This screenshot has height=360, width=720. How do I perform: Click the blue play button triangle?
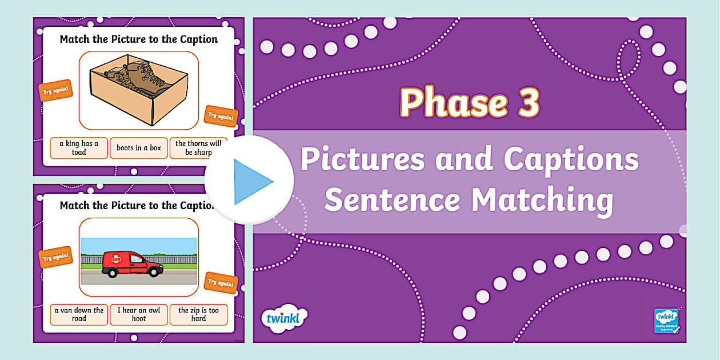252,182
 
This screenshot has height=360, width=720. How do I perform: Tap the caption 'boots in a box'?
139,148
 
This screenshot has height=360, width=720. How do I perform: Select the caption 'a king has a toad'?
79,148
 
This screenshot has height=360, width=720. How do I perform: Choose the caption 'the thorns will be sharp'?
198,148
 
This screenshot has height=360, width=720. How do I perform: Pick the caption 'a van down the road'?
79,314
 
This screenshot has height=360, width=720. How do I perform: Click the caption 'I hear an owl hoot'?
139,314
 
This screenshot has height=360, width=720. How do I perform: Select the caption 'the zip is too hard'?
198,314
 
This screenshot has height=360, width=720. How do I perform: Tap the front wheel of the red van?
153,273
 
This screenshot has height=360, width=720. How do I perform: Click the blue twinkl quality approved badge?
666,321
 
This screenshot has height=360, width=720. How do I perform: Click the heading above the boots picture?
139,39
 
